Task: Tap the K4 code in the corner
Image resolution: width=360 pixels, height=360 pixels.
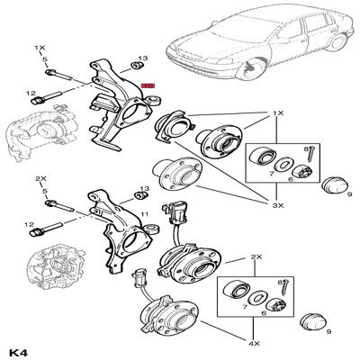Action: [x=19, y=348]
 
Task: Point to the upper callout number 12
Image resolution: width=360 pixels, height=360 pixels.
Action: [x=30, y=93]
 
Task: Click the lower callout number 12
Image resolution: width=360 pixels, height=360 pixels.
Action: [x=30, y=224]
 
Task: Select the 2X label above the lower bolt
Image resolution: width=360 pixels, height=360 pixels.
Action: [x=41, y=178]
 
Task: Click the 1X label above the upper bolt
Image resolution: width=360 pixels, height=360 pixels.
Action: [x=41, y=45]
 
